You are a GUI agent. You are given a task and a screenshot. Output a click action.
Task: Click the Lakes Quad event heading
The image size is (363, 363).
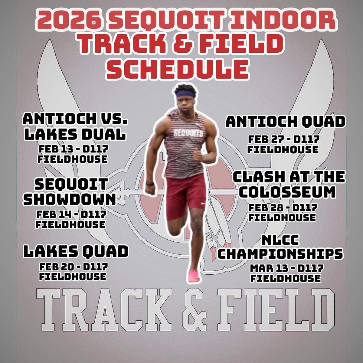[76, 252]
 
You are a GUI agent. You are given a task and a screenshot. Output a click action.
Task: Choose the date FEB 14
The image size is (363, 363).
[54, 215]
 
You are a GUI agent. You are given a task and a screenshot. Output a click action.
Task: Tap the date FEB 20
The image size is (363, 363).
[56, 267]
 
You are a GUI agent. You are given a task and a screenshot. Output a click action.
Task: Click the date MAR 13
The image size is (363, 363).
[268, 268]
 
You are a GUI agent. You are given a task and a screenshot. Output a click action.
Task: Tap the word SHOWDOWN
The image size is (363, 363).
[70, 199]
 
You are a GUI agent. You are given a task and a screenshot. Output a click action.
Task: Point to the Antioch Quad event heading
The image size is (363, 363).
[285, 122]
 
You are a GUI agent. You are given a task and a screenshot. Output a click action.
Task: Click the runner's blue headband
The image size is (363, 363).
[186, 94]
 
